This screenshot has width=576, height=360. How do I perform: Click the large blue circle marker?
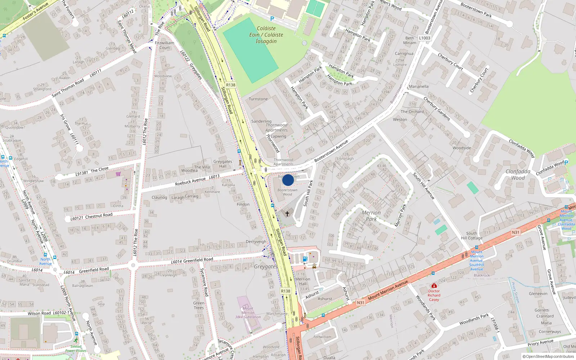tap(288, 180)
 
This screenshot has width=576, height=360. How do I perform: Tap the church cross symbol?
tap(287, 214)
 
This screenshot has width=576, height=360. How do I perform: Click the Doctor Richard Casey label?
tap(434, 295)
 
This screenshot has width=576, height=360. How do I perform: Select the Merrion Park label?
tap(371, 216)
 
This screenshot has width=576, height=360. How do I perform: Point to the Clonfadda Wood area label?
tap(518, 175)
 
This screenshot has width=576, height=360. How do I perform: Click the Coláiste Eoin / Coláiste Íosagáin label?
tap(266, 35)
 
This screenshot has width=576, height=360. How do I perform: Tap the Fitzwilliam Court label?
tap(165, 45)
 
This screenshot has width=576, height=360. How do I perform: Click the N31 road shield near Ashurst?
tap(360, 303)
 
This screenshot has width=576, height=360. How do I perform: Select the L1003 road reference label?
tap(424, 38)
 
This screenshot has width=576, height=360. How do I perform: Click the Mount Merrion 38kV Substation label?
tap(248, 313)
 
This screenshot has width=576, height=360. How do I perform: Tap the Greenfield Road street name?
tap(198, 260)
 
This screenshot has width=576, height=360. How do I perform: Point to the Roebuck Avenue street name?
tap(190, 181)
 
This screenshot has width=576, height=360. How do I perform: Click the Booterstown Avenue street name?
tap(331, 151)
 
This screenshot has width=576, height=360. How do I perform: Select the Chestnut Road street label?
tap(99, 216)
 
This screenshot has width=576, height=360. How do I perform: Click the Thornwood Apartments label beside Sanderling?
tap(276, 128)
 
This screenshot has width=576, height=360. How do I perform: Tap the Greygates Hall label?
tap(223, 164)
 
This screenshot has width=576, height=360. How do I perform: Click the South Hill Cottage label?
tap(472, 235)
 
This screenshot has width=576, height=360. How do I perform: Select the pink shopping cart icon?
tap(118, 174)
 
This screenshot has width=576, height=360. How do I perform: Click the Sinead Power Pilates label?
tap(76, 348)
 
